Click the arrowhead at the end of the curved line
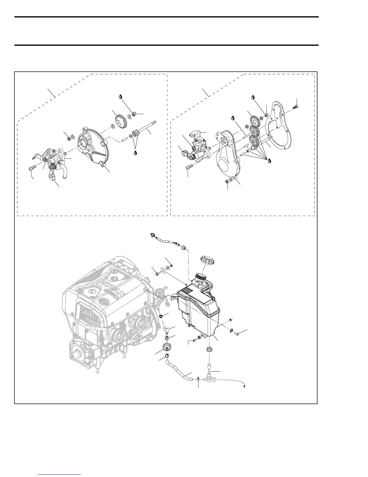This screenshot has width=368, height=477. [245, 386]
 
